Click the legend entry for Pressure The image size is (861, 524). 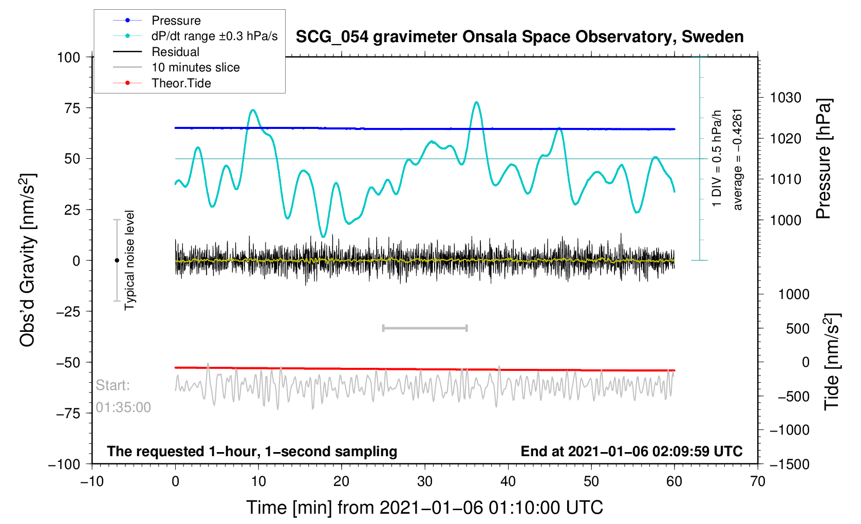tap(176, 21)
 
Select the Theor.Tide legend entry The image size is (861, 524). tap(181, 83)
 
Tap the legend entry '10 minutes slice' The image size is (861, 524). tap(195, 67)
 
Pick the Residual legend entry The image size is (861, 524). tap(175, 52)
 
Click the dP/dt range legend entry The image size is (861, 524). tap(214, 36)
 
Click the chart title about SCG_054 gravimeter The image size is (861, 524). tap(519, 37)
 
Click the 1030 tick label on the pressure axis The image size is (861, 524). tap(785, 98)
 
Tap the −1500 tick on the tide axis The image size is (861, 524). tap(789, 464)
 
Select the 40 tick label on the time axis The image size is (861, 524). tap(508, 481)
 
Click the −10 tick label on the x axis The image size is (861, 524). tap(92, 481)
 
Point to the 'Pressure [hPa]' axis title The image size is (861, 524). tap(823, 159)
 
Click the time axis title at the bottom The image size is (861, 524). tap(424, 508)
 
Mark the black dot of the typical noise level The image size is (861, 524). tap(117, 260)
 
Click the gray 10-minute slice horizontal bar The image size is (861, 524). tap(425, 328)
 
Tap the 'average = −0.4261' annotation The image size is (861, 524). tap(738, 159)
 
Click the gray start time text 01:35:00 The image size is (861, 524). tap(123, 407)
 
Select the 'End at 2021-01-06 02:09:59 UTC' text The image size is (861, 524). tap(631, 452)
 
